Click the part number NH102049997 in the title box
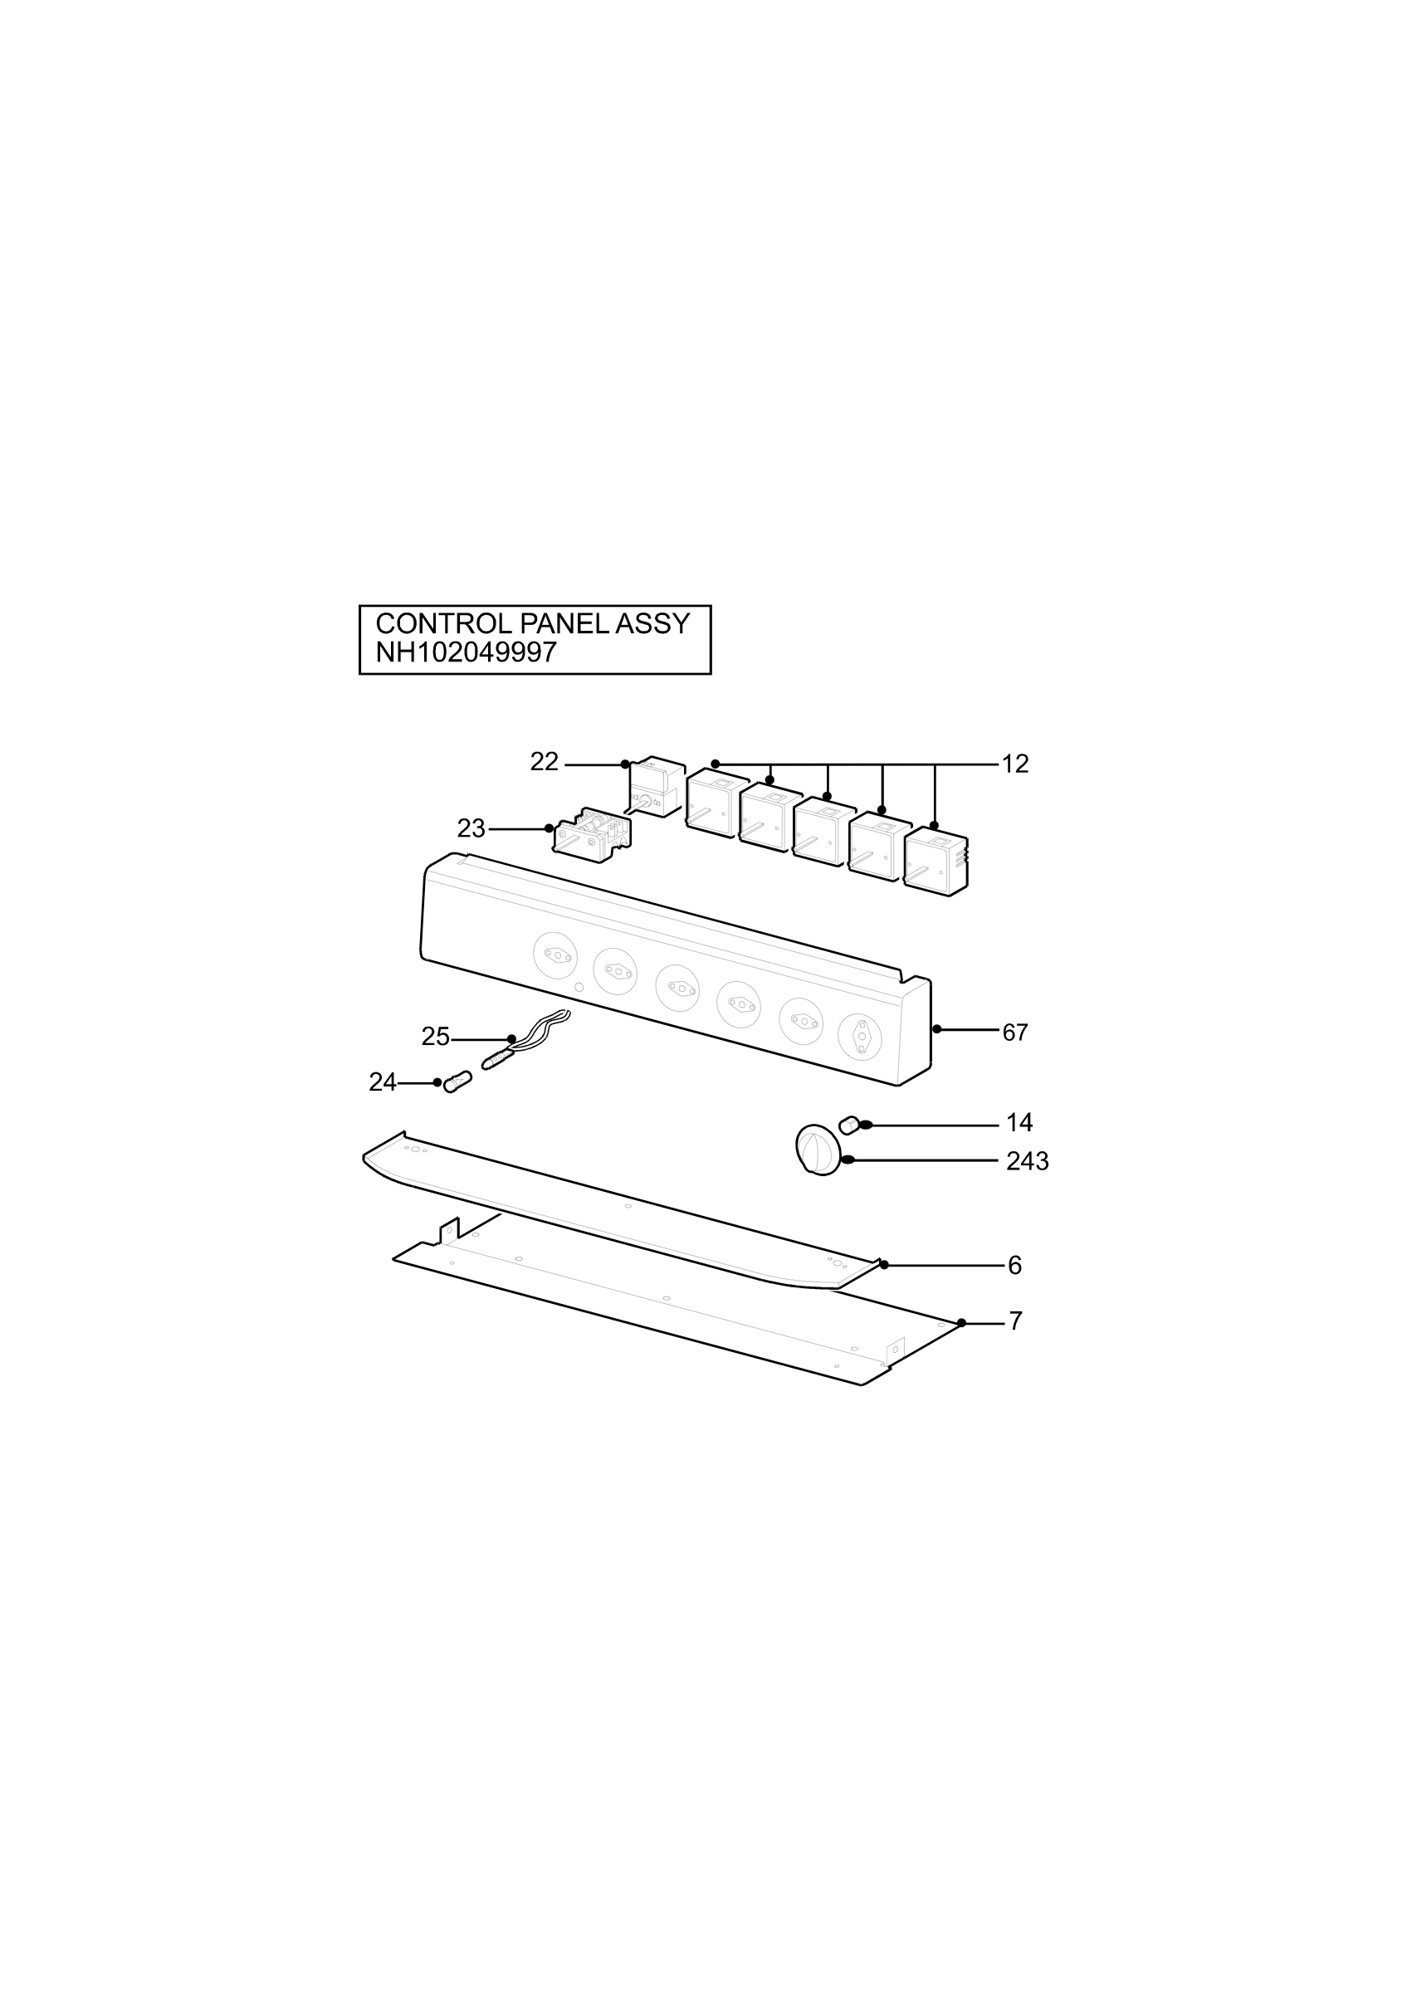[465, 652]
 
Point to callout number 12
[1015, 764]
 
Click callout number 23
[471, 828]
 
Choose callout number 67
[1015, 1033]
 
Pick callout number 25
[436, 1036]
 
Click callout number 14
[1019, 1123]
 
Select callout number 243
[1027, 1161]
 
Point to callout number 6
[1015, 1265]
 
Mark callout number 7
[1015, 1321]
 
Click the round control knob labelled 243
[818, 1150]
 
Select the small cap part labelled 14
[849, 1125]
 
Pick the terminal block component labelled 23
[593, 831]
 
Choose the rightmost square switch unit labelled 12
[936, 861]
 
